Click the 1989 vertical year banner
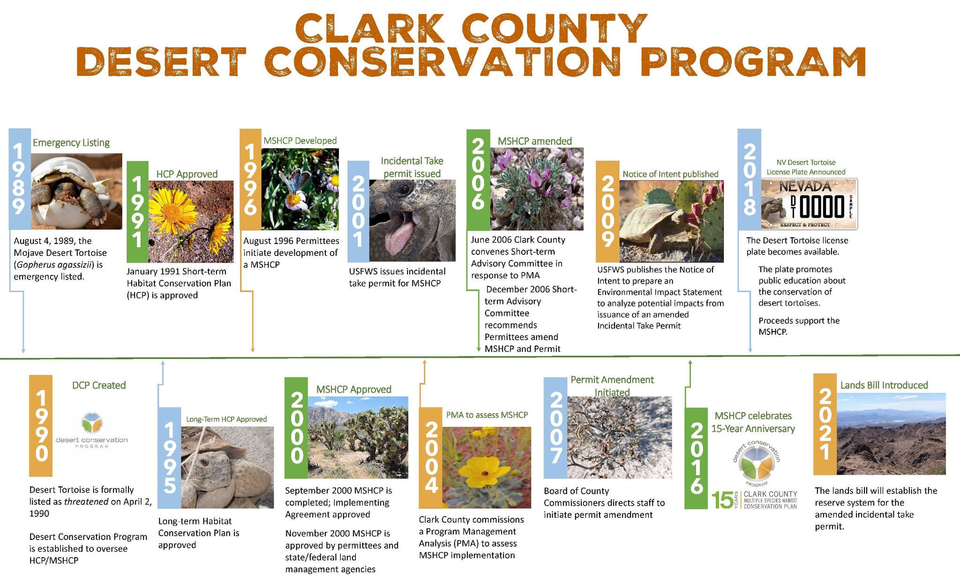20,179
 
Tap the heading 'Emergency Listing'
71,143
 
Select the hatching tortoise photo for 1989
76,191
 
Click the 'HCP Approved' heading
187,174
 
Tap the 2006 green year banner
478,180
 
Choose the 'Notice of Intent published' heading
670,174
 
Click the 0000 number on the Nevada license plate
822,207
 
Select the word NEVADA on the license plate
805,186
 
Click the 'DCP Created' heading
99,385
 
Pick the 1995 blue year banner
169,458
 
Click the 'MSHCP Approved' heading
354,389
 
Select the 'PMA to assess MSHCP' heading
487,415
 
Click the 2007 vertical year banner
555,428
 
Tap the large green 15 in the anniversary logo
722,500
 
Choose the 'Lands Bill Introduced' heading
884,385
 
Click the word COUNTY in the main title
555,28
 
